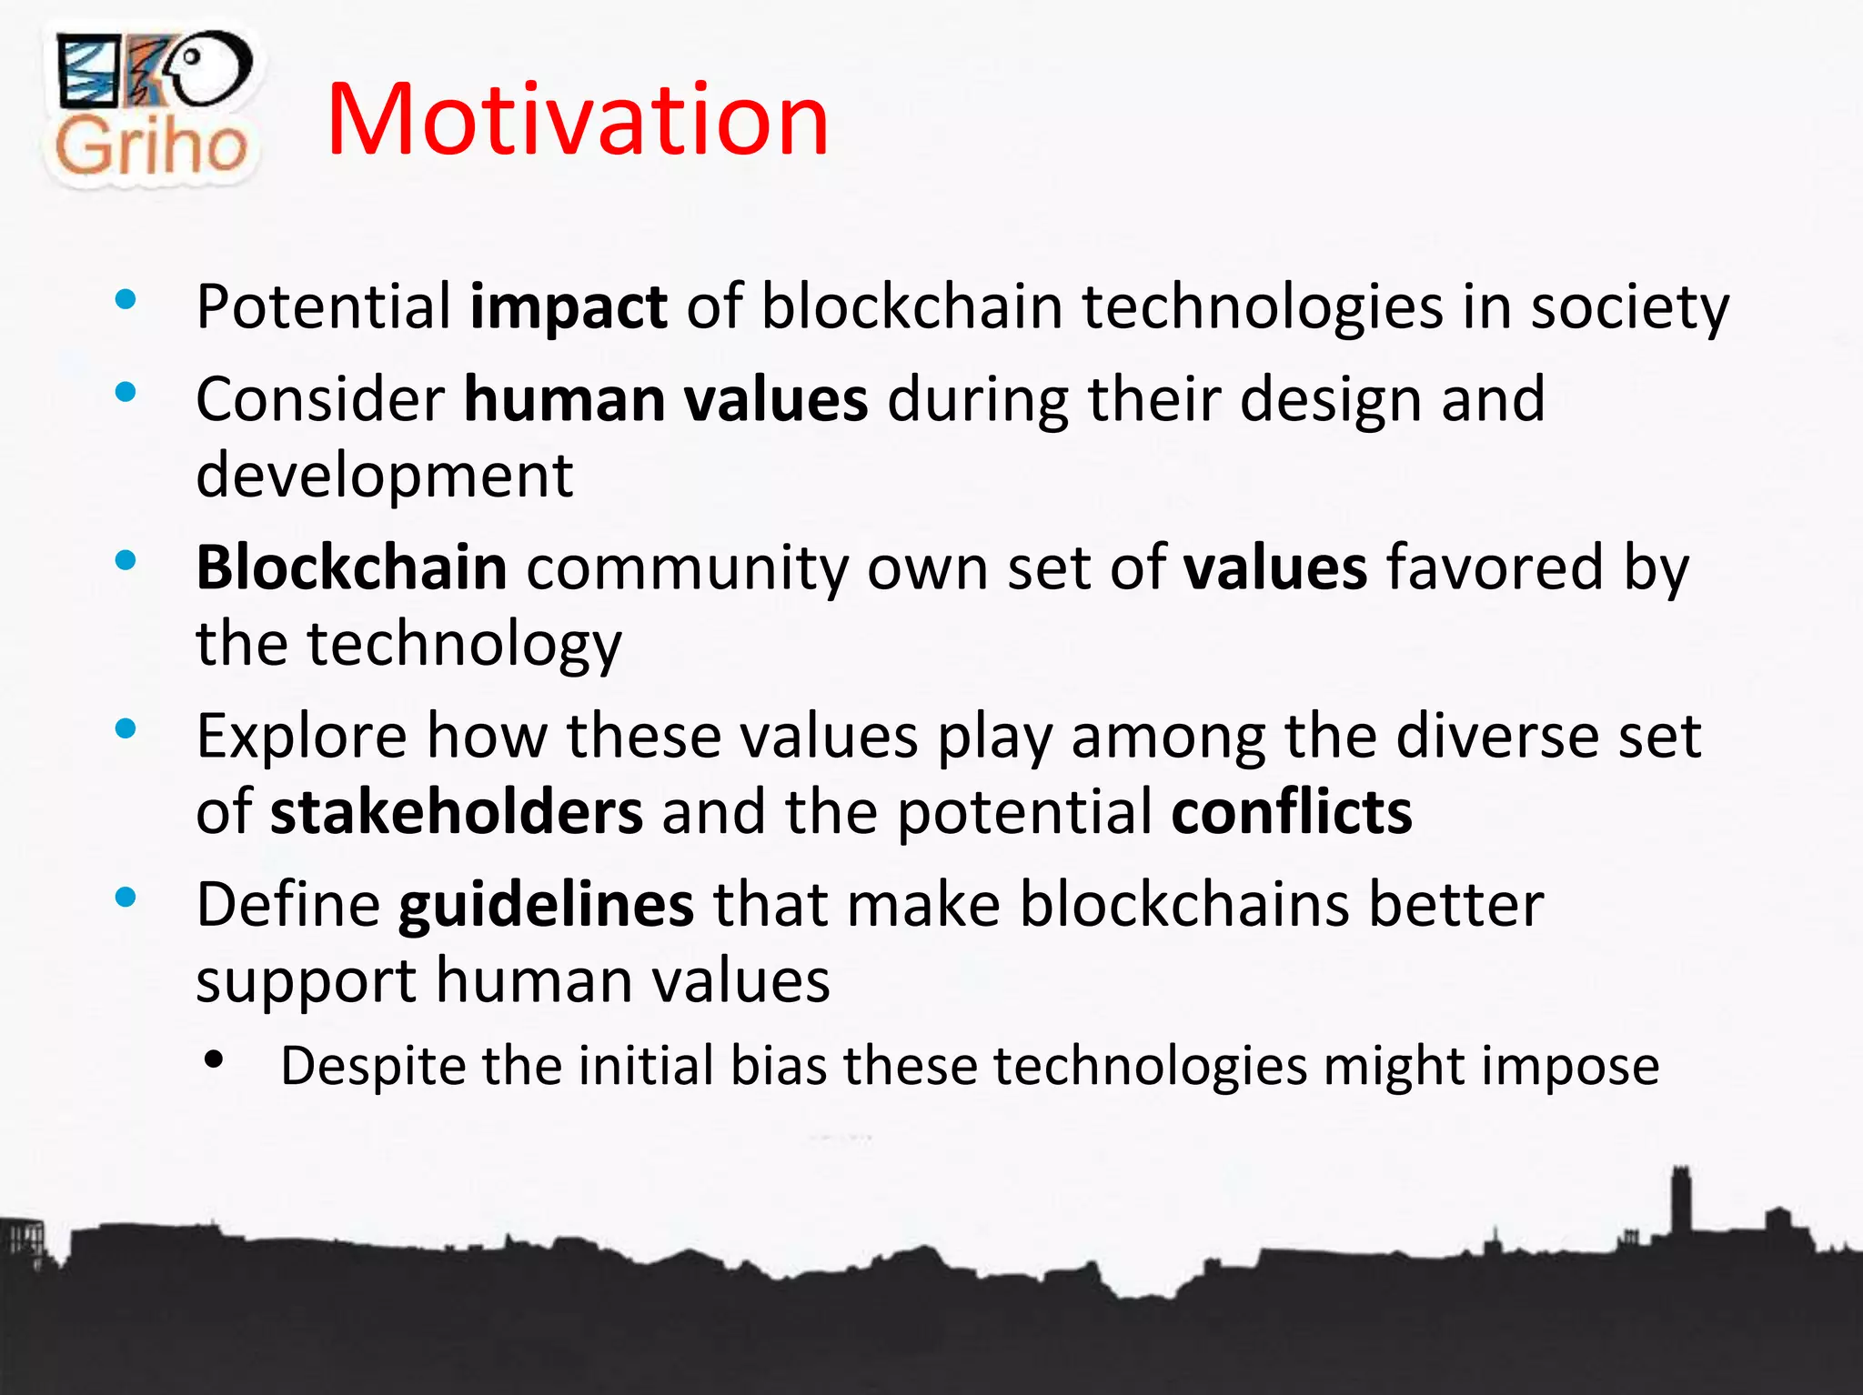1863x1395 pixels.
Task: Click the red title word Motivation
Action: coord(578,120)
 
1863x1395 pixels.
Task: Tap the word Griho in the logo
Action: coord(151,146)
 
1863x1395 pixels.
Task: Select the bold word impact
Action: coord(569,307)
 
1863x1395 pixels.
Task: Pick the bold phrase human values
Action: coord(666,400)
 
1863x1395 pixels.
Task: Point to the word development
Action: coord(384,476)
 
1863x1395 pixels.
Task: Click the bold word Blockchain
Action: coord(351,567)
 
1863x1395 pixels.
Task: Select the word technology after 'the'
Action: coord(464,644)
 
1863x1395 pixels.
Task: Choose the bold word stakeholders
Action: coord(457,812)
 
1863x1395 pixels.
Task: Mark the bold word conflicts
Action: coord(1292,812)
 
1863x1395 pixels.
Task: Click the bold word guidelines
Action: coord(546,905)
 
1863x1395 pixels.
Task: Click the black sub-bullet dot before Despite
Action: coord(214,1059)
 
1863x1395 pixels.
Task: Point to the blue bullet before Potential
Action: coord(126,299)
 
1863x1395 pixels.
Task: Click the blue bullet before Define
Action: coord(126,898)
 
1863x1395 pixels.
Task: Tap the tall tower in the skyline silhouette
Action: coord(1680,1200)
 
